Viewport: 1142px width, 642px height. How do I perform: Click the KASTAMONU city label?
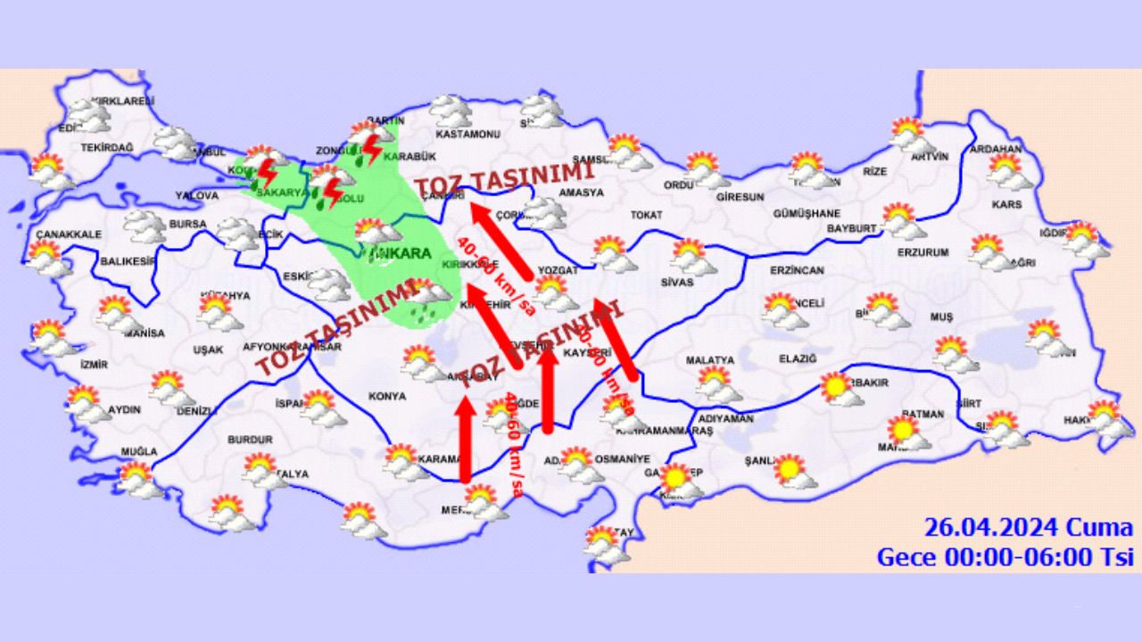point(467,135)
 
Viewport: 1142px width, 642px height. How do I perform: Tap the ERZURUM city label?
point(923,252)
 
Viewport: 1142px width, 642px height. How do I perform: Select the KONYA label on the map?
point(386,396)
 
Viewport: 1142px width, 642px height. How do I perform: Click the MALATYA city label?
point(709,360)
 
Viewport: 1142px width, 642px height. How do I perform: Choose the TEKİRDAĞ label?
point(107,147)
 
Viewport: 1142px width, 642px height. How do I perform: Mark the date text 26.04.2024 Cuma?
point(1028,528)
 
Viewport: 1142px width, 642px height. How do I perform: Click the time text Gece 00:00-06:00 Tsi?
point(1005,557)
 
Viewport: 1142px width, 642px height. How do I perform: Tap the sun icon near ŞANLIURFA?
point(789,469)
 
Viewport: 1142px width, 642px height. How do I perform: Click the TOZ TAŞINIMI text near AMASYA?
point(505,177)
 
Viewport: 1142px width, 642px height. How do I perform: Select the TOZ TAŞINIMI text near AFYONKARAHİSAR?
point(335,328)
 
